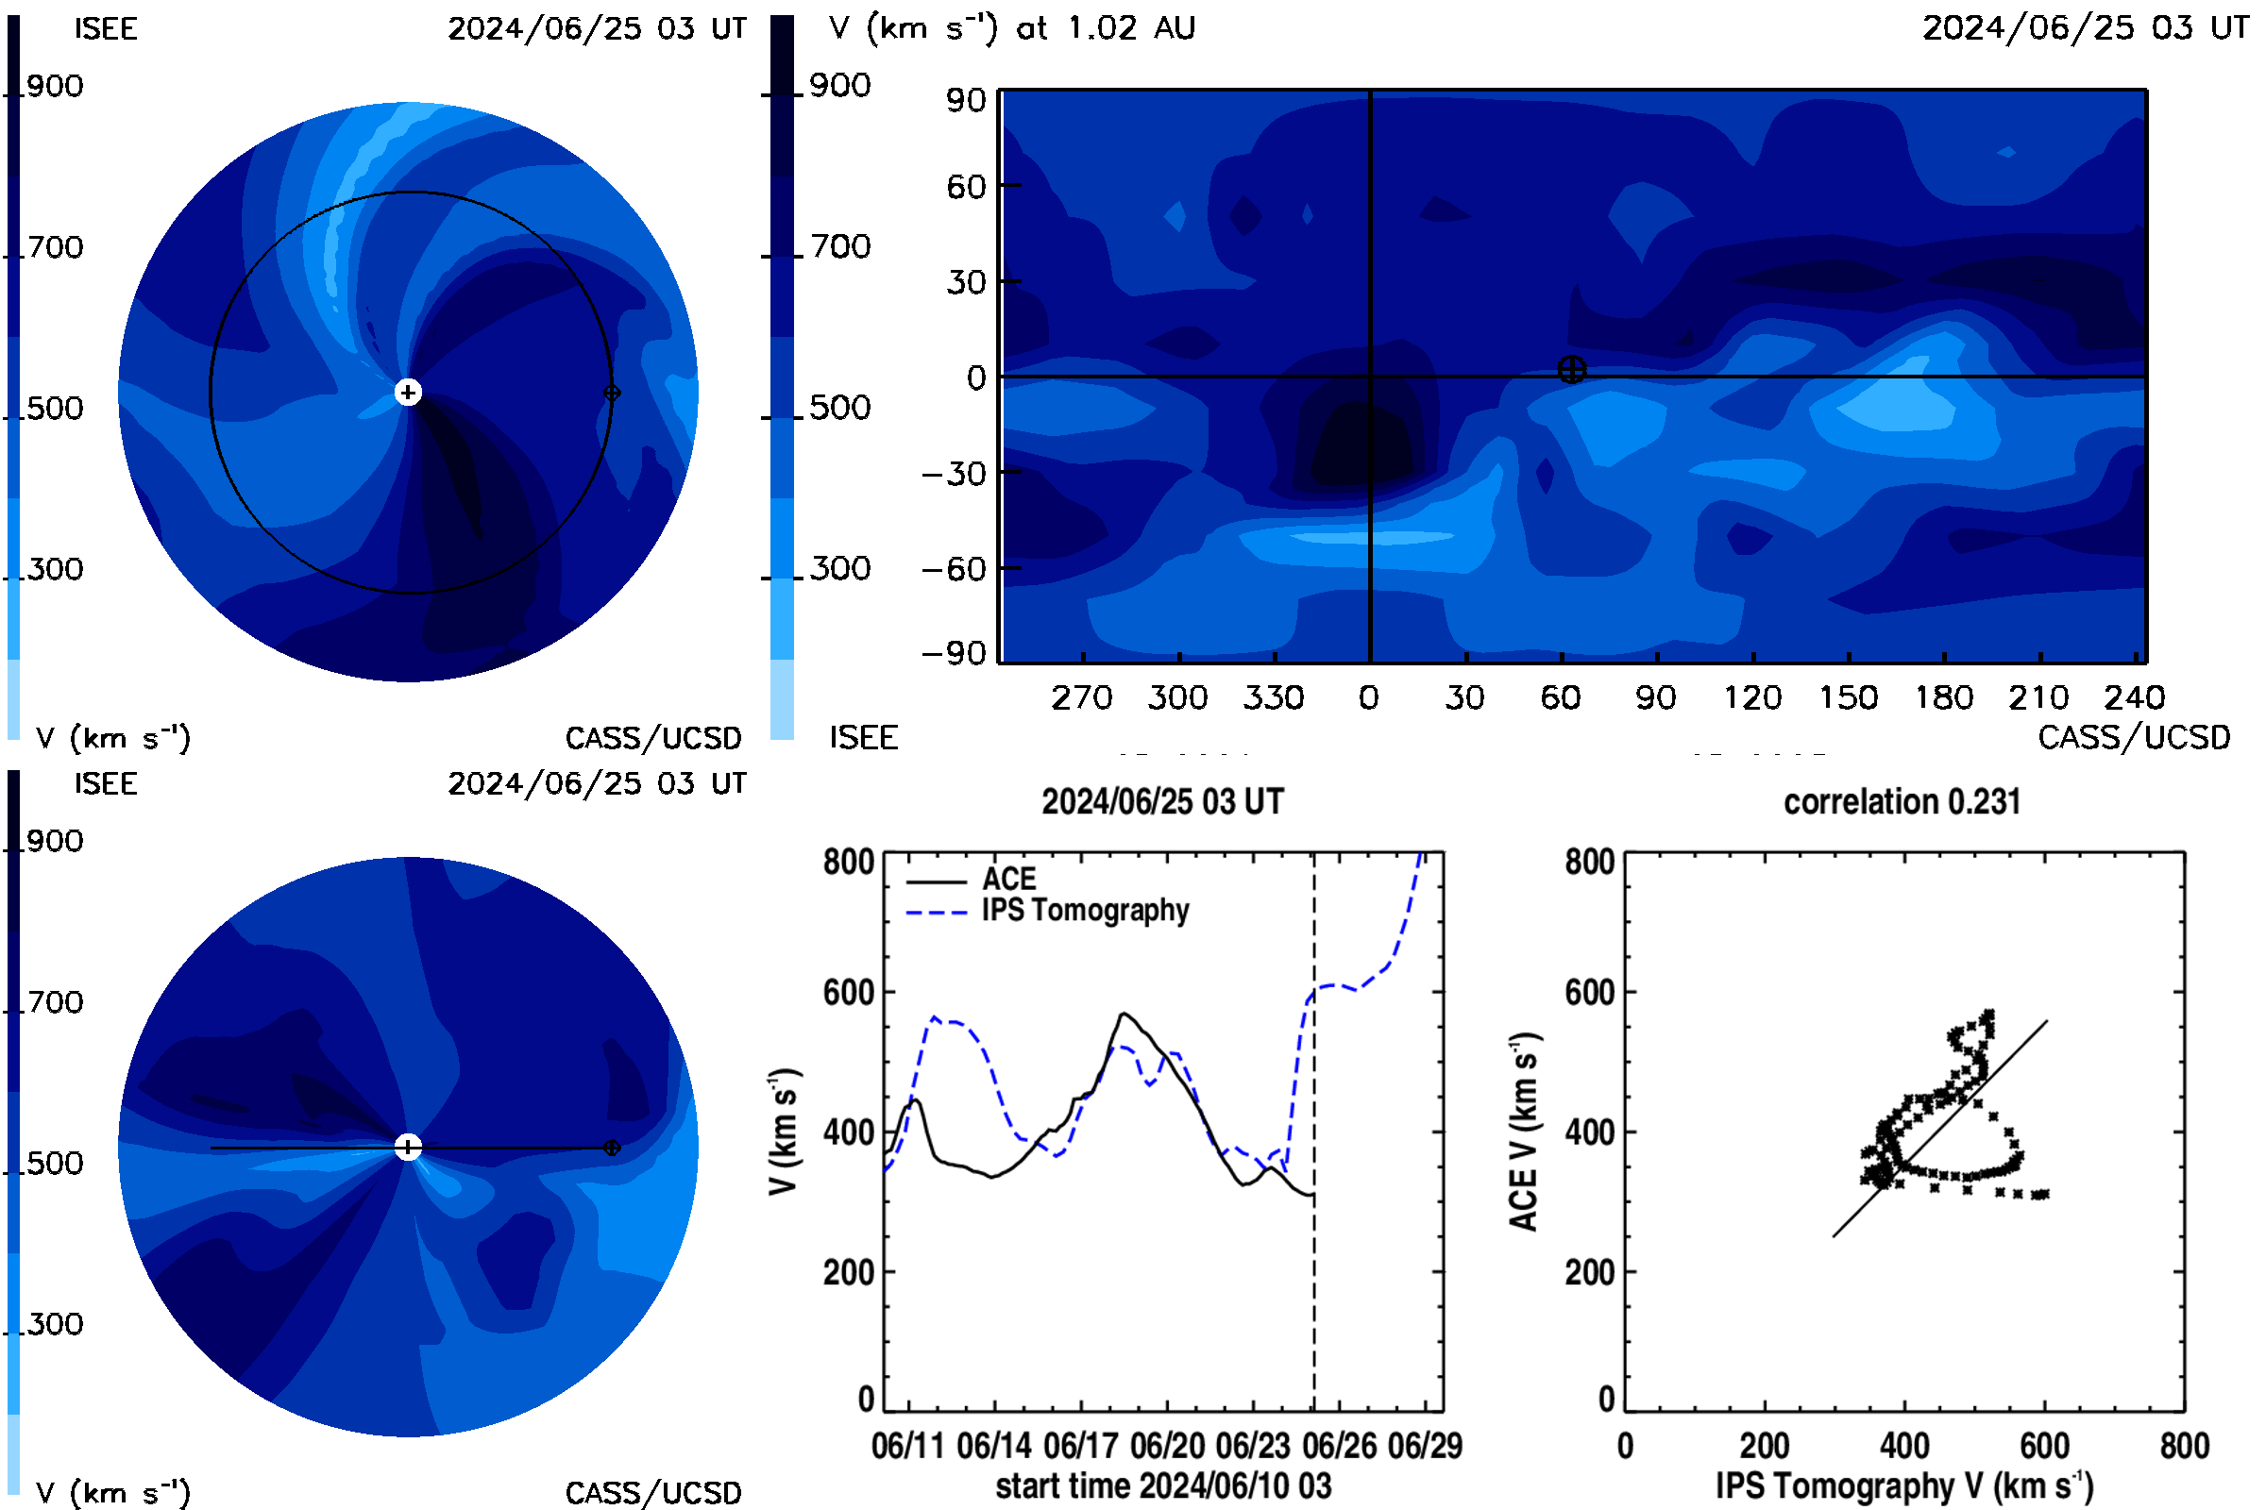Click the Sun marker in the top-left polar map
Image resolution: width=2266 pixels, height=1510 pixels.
coord(409,393)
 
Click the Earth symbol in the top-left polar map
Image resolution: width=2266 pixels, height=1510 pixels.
coord(612,393)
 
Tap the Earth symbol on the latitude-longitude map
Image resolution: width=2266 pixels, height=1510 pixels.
coord(1571,370)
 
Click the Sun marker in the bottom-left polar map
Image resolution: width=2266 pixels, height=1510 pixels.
coord(409,1148)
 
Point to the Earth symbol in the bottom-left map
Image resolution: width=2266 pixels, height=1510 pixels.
coord(612,1148)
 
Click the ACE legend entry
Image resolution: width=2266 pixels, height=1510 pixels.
coord(972,880)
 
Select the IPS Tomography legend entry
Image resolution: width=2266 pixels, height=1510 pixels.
coord(1048,911)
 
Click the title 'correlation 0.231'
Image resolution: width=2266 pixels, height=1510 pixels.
coord(1902,802)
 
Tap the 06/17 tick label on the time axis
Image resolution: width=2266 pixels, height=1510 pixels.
coord(1081,1446)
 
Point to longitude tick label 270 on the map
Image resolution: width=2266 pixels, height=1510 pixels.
coord(1082,697)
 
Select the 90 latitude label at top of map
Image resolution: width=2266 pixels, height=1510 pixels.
coord(965,100)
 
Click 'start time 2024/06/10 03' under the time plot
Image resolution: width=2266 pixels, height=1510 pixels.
coord(1164,1485)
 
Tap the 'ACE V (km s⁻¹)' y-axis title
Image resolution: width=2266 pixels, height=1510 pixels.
coord(1523,1132)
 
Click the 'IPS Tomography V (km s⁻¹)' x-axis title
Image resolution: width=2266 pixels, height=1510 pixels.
coord(1904,1485)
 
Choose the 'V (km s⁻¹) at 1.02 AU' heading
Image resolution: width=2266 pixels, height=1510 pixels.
coord(1012,29)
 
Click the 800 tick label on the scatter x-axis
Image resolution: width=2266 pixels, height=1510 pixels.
coord(2184,1446)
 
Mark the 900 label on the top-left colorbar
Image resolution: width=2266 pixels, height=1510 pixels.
coord(55,87)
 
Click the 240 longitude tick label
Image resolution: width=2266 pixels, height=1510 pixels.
coord(2135,697)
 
